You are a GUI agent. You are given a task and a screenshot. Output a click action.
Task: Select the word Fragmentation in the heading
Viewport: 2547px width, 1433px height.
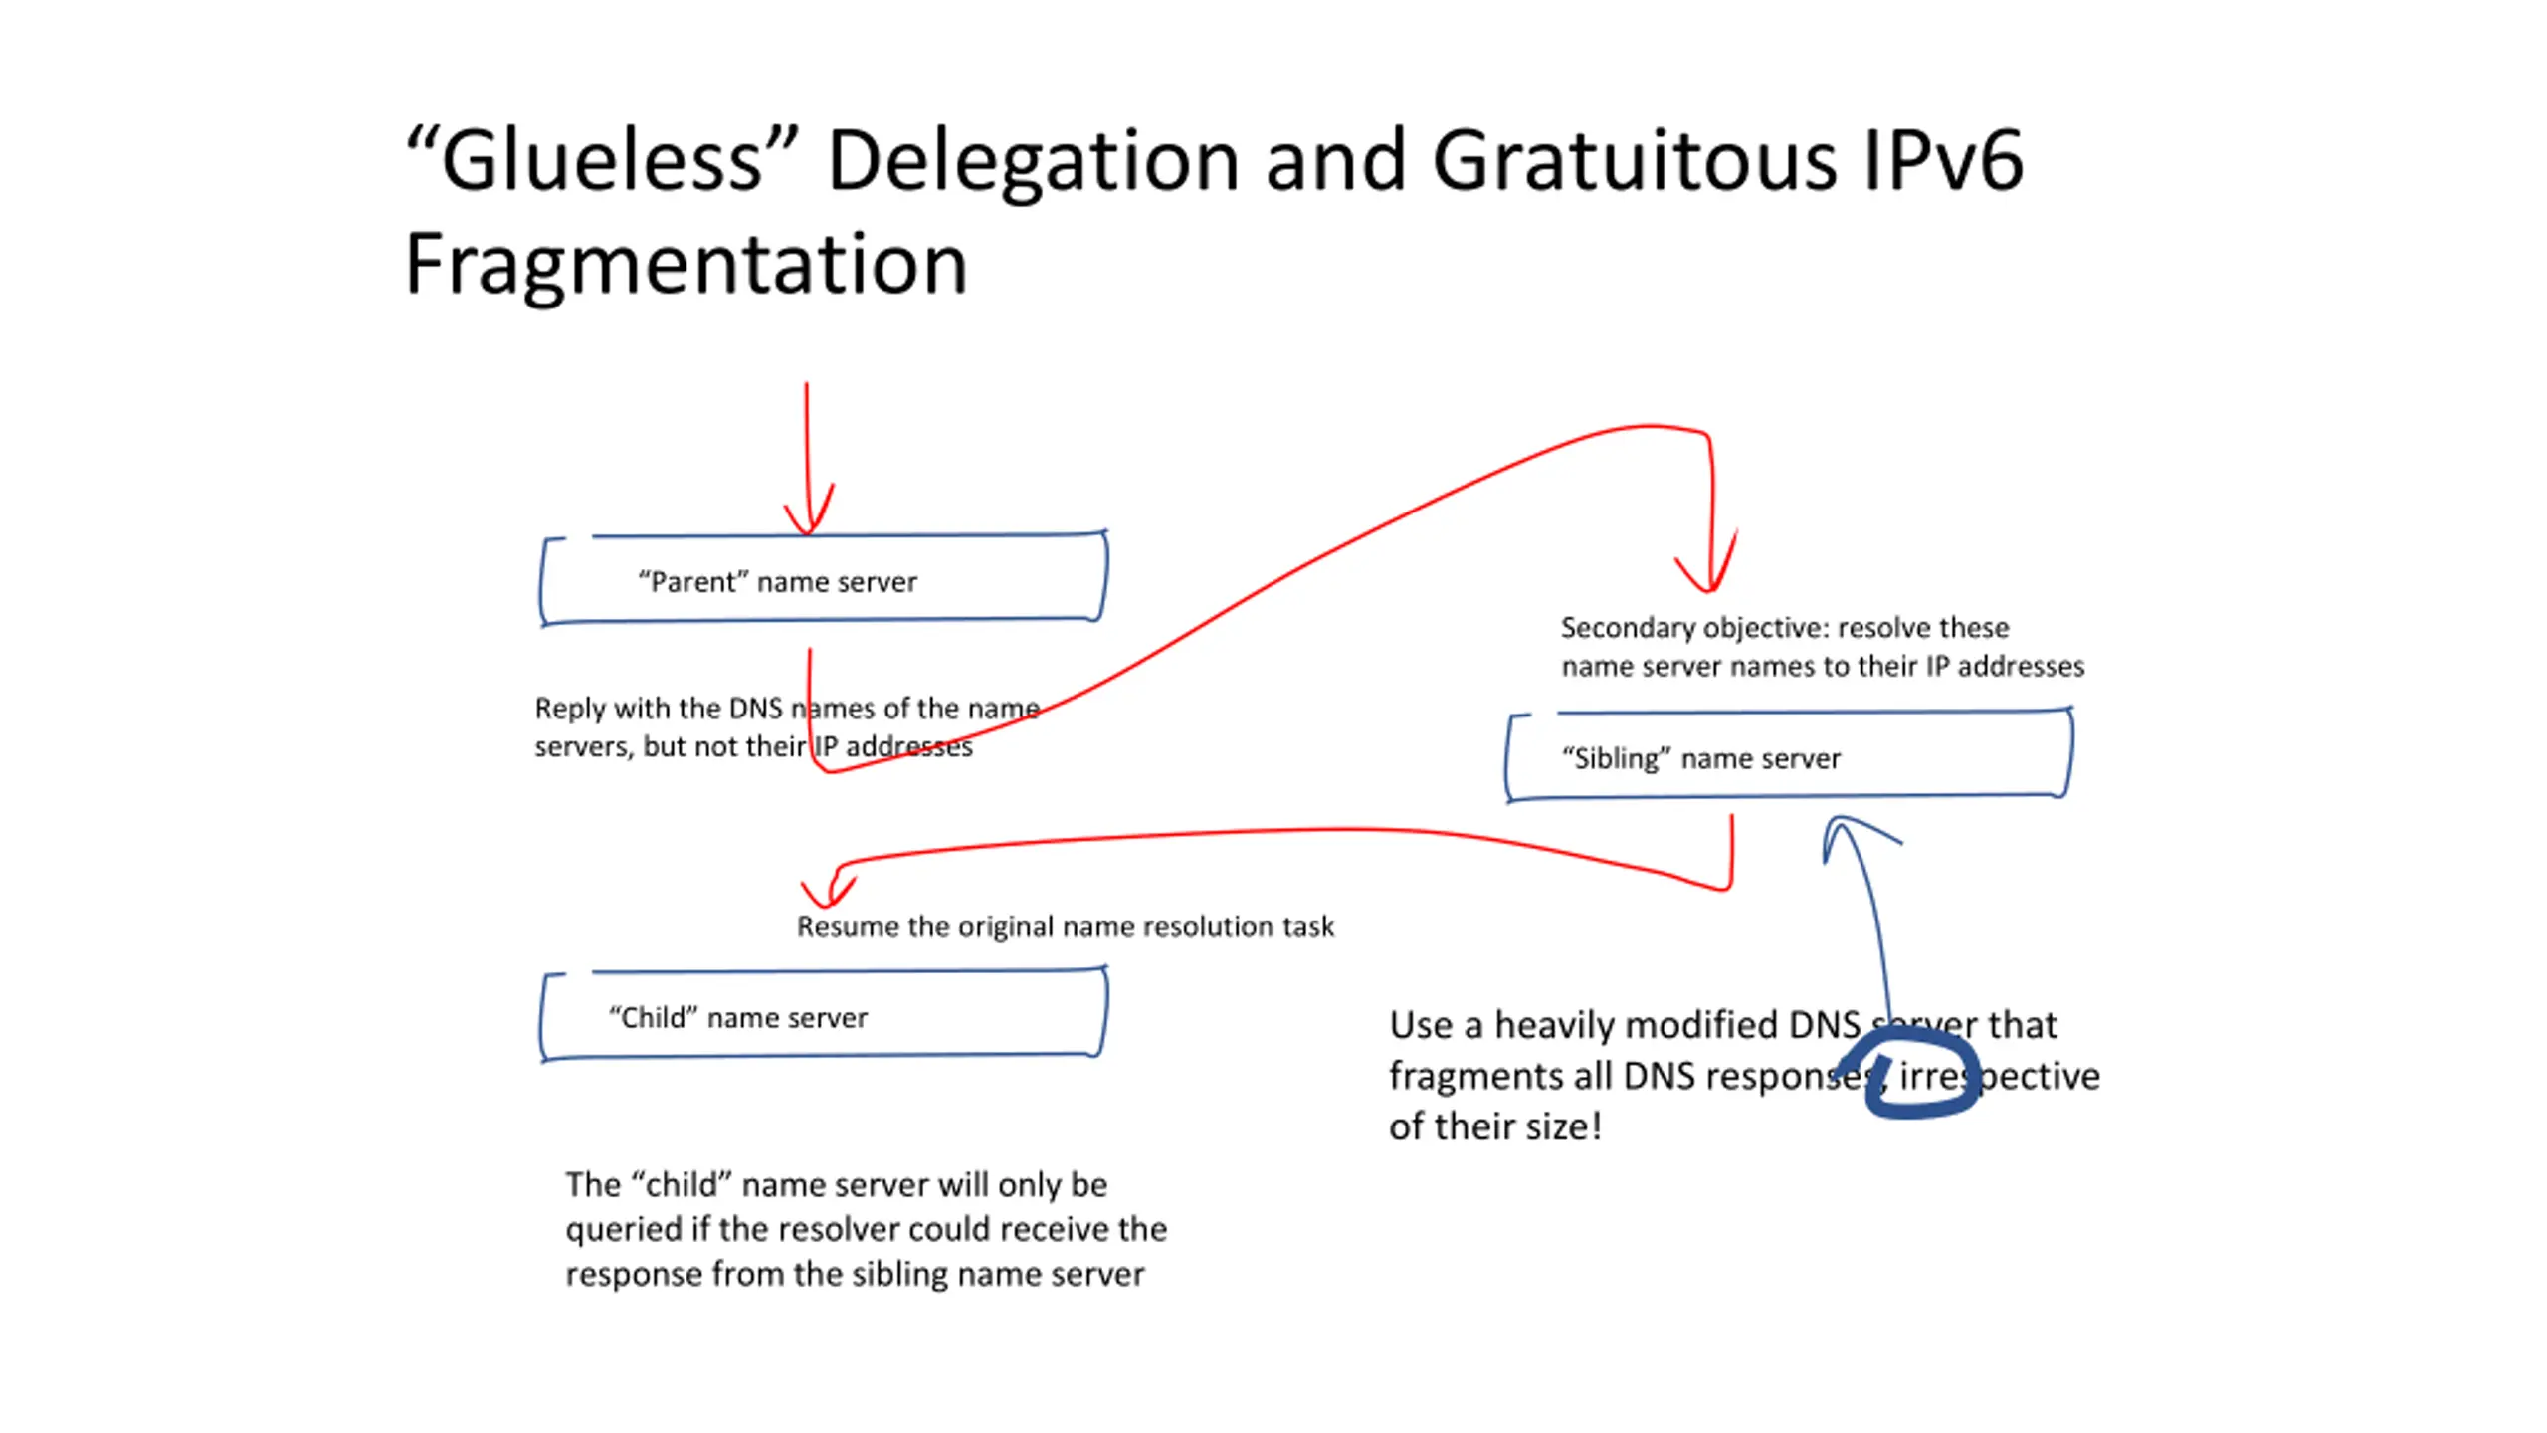point(686,265)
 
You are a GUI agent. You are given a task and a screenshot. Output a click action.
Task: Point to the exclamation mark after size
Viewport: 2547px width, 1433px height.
point(1597,1126)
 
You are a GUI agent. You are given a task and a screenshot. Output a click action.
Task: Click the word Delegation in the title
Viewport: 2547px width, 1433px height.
point(1033,161)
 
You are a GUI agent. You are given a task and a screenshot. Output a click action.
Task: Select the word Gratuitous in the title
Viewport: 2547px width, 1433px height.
point(1634,161)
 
